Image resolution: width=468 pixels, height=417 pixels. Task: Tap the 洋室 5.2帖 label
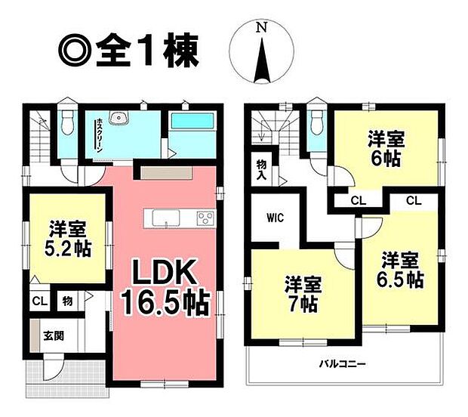click(66, 237)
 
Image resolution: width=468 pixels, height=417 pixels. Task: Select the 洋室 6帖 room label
click(386, 148)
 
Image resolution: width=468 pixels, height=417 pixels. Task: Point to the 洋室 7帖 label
click(302, 295)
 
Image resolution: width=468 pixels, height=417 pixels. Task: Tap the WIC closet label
click(273, 220)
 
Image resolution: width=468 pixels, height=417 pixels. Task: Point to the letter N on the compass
click(261, 28)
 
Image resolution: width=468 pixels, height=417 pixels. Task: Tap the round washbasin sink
click(119, 119)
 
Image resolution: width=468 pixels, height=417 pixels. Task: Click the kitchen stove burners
click(205, 218)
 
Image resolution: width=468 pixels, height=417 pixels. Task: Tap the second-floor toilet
click(316, 121)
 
